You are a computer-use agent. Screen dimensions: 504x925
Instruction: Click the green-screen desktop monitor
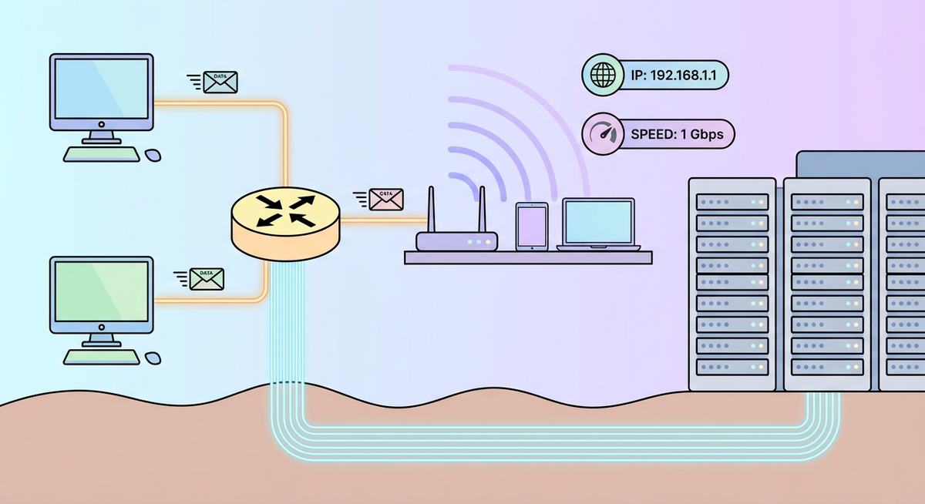[x=101, y=294]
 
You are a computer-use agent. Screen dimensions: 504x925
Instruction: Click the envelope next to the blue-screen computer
[x=221, y=82]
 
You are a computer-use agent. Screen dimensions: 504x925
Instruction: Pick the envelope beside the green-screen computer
[x=206, y=278]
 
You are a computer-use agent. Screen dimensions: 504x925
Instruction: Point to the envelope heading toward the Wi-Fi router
[x=385, y=200]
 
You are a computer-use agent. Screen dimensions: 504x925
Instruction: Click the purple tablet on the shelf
[x=531, y=227]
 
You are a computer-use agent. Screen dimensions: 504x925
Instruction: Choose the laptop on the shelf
[x=599, y=224]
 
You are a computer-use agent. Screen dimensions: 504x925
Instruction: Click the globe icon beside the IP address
[x=600, y=76]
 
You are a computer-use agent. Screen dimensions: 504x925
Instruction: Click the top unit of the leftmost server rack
[x=733, y=202]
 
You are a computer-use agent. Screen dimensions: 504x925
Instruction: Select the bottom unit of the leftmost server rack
[x=733, y=366]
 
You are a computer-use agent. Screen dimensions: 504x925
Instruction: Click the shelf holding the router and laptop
[x=528, y=257]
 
